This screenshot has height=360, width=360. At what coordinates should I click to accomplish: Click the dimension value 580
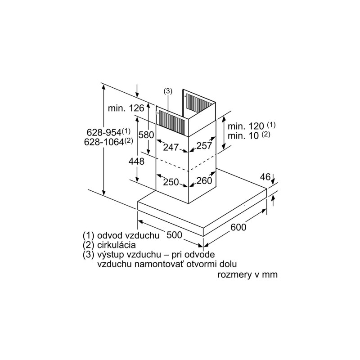(x=146, y=135)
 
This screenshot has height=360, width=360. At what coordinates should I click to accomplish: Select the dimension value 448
(x=136, y=162)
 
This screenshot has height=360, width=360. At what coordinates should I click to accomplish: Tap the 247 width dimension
(x=171, y=147)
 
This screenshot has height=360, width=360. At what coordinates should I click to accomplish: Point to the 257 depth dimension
(x=204, y=145)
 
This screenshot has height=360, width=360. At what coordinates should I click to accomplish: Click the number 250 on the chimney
(x=171, y=182)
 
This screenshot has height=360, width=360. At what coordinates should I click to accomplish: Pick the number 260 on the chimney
(x=204, y=180)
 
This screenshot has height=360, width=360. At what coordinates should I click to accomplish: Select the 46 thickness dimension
(x=265, y=177)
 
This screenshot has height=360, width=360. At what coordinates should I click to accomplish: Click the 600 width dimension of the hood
(x=238, y=227)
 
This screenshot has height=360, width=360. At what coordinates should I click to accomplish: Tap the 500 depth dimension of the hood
(x=174, y=234)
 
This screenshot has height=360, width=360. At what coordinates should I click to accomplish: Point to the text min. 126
(x=126, y=108)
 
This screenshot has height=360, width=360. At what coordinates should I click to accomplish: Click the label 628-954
(x=104, y=132)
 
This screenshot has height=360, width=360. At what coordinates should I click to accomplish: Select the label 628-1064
(x=104, y=142)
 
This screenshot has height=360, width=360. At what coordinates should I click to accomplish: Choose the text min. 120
(x=246, y=126)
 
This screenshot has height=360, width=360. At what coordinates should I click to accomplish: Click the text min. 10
(x=243, y=136)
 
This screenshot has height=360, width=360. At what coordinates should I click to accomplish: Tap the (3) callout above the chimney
(x=168, y=91)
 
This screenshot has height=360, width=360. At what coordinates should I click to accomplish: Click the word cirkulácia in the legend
(x=117, y=245)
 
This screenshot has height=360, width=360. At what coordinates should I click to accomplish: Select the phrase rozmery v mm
(x=247, y=274)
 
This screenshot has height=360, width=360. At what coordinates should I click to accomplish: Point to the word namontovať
(x=160, y=264)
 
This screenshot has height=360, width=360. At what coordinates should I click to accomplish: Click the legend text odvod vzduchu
(x=128, y=235)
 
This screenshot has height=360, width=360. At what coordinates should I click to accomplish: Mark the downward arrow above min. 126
(x=137, y=91)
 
